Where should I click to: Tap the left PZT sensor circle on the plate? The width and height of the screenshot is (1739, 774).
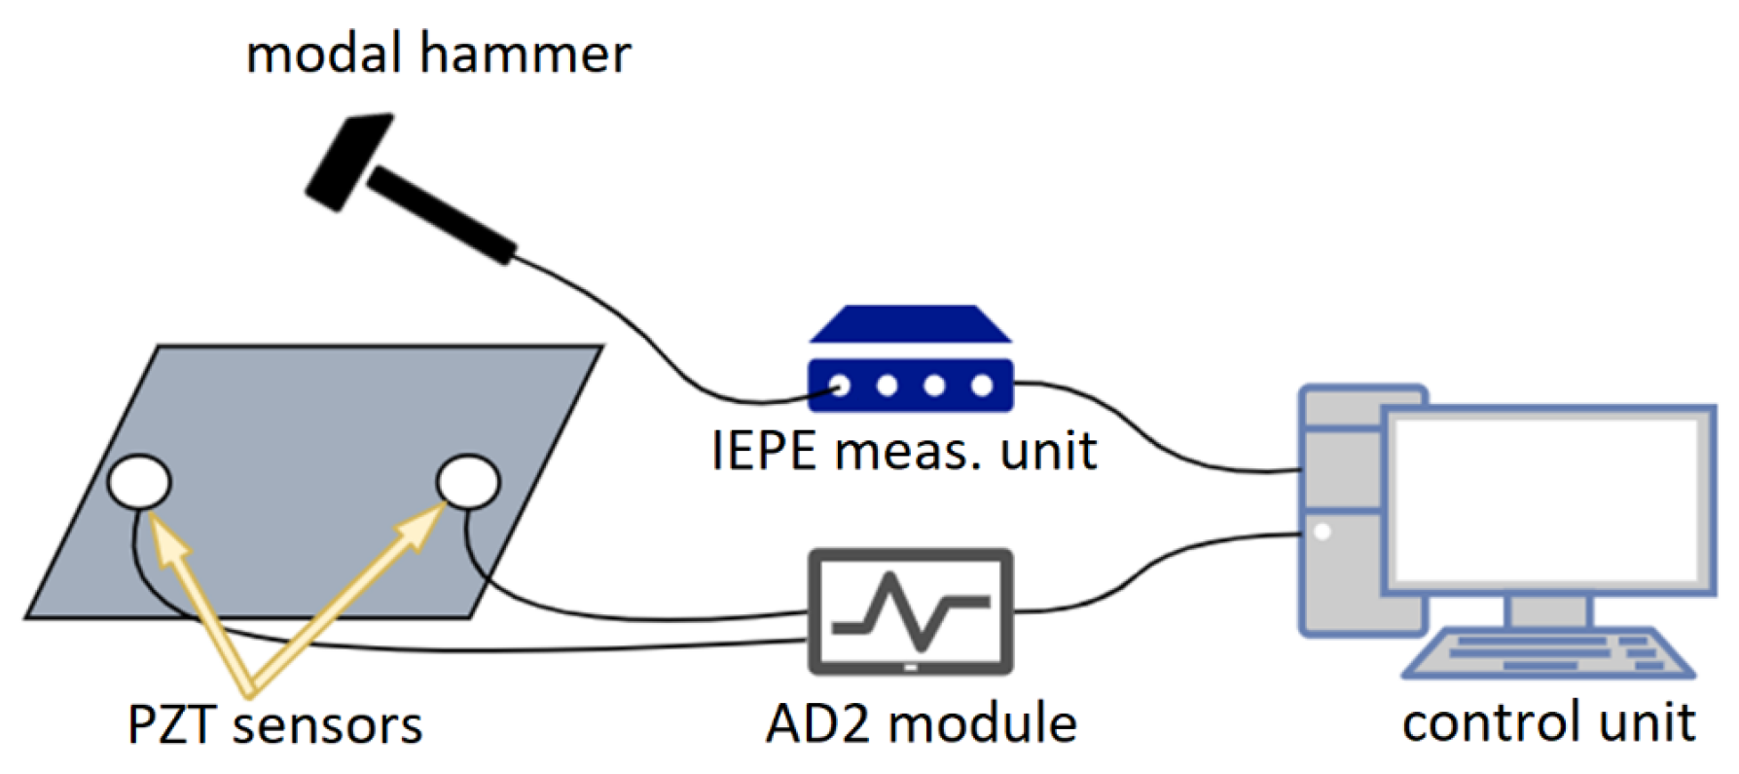[x=139, y=482]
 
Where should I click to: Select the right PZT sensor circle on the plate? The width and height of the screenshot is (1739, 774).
[x=468, y=481]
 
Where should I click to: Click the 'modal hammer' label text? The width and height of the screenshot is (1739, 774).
[x=438, y=54]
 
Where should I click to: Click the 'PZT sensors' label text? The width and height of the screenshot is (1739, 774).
[x=275, y=725]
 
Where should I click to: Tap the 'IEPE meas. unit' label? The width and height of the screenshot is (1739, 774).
[x=904, y=451]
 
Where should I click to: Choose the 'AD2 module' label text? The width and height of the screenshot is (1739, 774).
[x=921, y=723]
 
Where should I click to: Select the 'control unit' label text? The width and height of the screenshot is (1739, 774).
[x=1548, y=723]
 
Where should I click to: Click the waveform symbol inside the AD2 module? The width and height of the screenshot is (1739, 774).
[x=911, y=610]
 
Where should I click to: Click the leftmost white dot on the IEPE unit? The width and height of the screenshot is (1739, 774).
[x=840, y=387]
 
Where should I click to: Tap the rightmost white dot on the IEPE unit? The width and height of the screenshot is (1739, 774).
[x=982, y=387]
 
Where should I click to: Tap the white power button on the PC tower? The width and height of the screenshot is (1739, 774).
[x=1322, y=532]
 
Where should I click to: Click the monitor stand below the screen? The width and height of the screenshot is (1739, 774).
[x=1547, y=611]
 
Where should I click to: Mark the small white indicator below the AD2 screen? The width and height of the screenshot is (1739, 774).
[x=911, y=668]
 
